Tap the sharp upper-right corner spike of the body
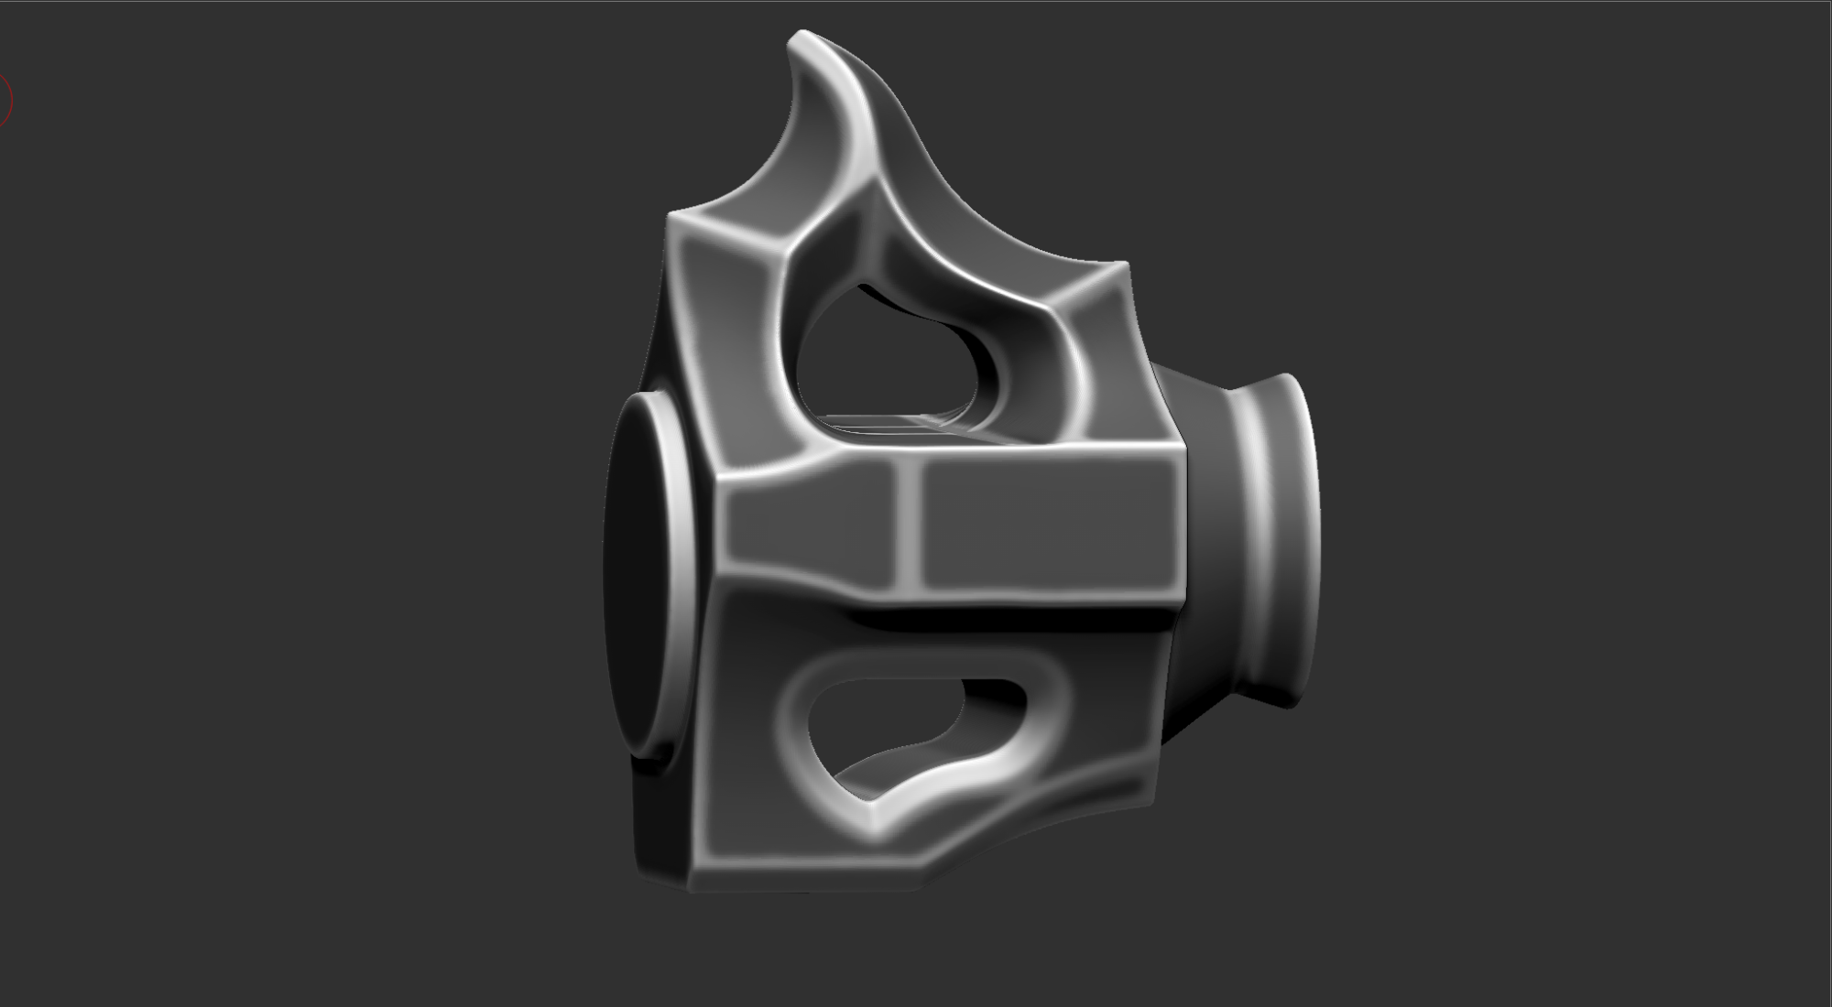click(1125, 266)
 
